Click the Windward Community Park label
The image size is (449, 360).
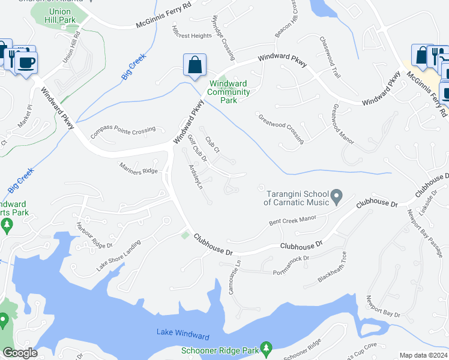pos(228,92)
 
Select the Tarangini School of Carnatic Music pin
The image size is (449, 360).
pos(337,196)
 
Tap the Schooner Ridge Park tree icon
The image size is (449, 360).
pos(267,347)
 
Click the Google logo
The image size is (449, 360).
pos(20,353)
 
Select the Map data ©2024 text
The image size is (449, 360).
pos(423,355)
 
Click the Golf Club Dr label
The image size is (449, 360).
pos(197,149)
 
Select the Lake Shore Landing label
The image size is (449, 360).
pos(119,256)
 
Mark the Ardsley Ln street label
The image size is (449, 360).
pos(196,177)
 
